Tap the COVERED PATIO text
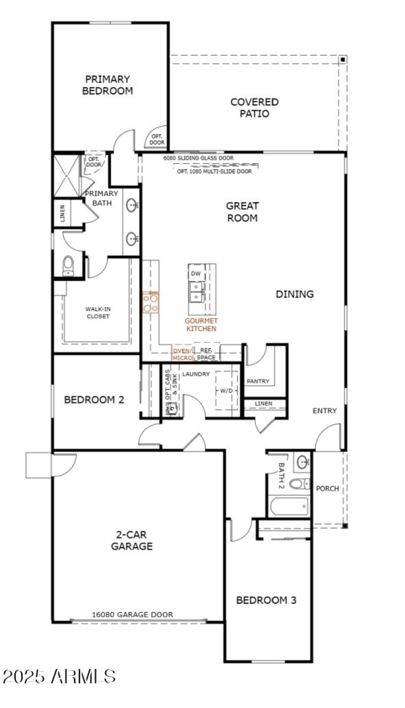pyautogui.click(x=254, y=108)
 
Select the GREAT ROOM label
pyautogui.click(x=242, y=212)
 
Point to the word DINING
pyautogui.click(x=295, y=294)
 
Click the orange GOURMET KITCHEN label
pyautogui.click(x=201, y=325)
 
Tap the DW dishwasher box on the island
pyautogui.click(x=196, y=273)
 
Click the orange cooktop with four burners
pyautogui.click(x=150, y=302)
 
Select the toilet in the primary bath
pyautogui.click(x=68, y=266)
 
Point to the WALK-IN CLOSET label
pyautogui.click(x=97, y=312)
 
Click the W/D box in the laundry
pyautogui.click(x=227, y=390)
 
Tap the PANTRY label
pyautogui.click(x=258, y=381)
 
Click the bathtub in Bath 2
pyautogui.click(x=288, y=506)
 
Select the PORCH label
pyautogui.click(x=327, y=489)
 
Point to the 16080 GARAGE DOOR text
pyautogui.click(x=132, y=614)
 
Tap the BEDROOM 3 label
pyautogui.click(x=266, y=600)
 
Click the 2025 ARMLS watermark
pyautogui.click(x=59, y=676)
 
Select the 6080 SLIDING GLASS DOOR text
pyautogui.click(x=198, y=158)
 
